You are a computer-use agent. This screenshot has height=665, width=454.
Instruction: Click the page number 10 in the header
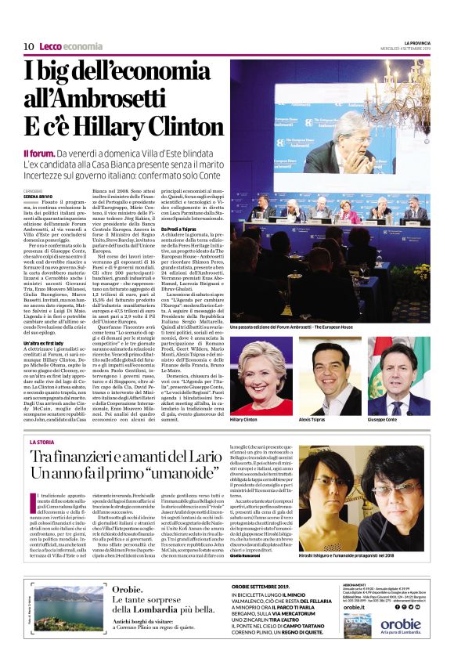pyautogui.click(x=28, y=46)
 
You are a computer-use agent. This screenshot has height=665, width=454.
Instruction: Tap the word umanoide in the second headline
pyautogui.click(x=177, y=474)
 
